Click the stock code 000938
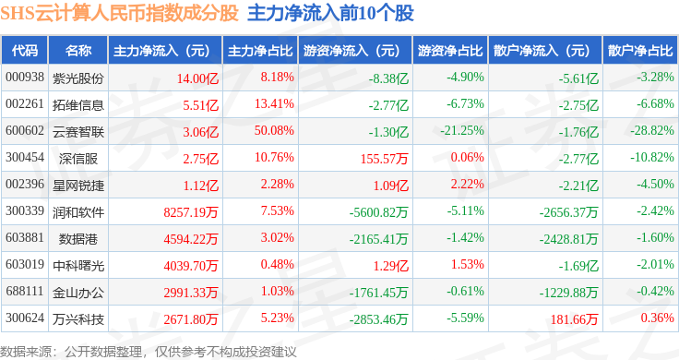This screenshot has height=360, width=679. click(25, 78)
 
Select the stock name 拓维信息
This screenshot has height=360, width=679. click(78, 105)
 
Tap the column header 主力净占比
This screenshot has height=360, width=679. click(260, 51)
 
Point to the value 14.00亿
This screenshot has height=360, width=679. click(197, 78)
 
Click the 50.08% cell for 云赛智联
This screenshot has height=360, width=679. click(274, 131)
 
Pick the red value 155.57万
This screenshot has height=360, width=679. click(384, 159)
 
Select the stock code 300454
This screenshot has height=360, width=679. click(25, 157)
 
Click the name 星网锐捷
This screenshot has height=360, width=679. click(78, 186)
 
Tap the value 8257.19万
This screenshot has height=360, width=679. click(191, 212)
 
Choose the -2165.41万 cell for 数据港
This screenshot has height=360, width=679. click(378, 239)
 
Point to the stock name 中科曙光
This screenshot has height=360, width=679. click(78, 266)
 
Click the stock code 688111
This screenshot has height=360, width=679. click(25, 291)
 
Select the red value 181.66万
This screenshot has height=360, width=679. click(574, 319)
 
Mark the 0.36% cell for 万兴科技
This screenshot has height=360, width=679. click(658, 318)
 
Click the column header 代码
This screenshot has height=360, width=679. click(25, 51)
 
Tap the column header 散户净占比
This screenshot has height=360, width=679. click(640, 51)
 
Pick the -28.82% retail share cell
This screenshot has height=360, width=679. click(652, 131)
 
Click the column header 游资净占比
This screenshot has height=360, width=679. click(450, 51)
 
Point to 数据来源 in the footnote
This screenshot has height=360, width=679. click(26, 352)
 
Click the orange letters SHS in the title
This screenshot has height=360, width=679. click(18, 14)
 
